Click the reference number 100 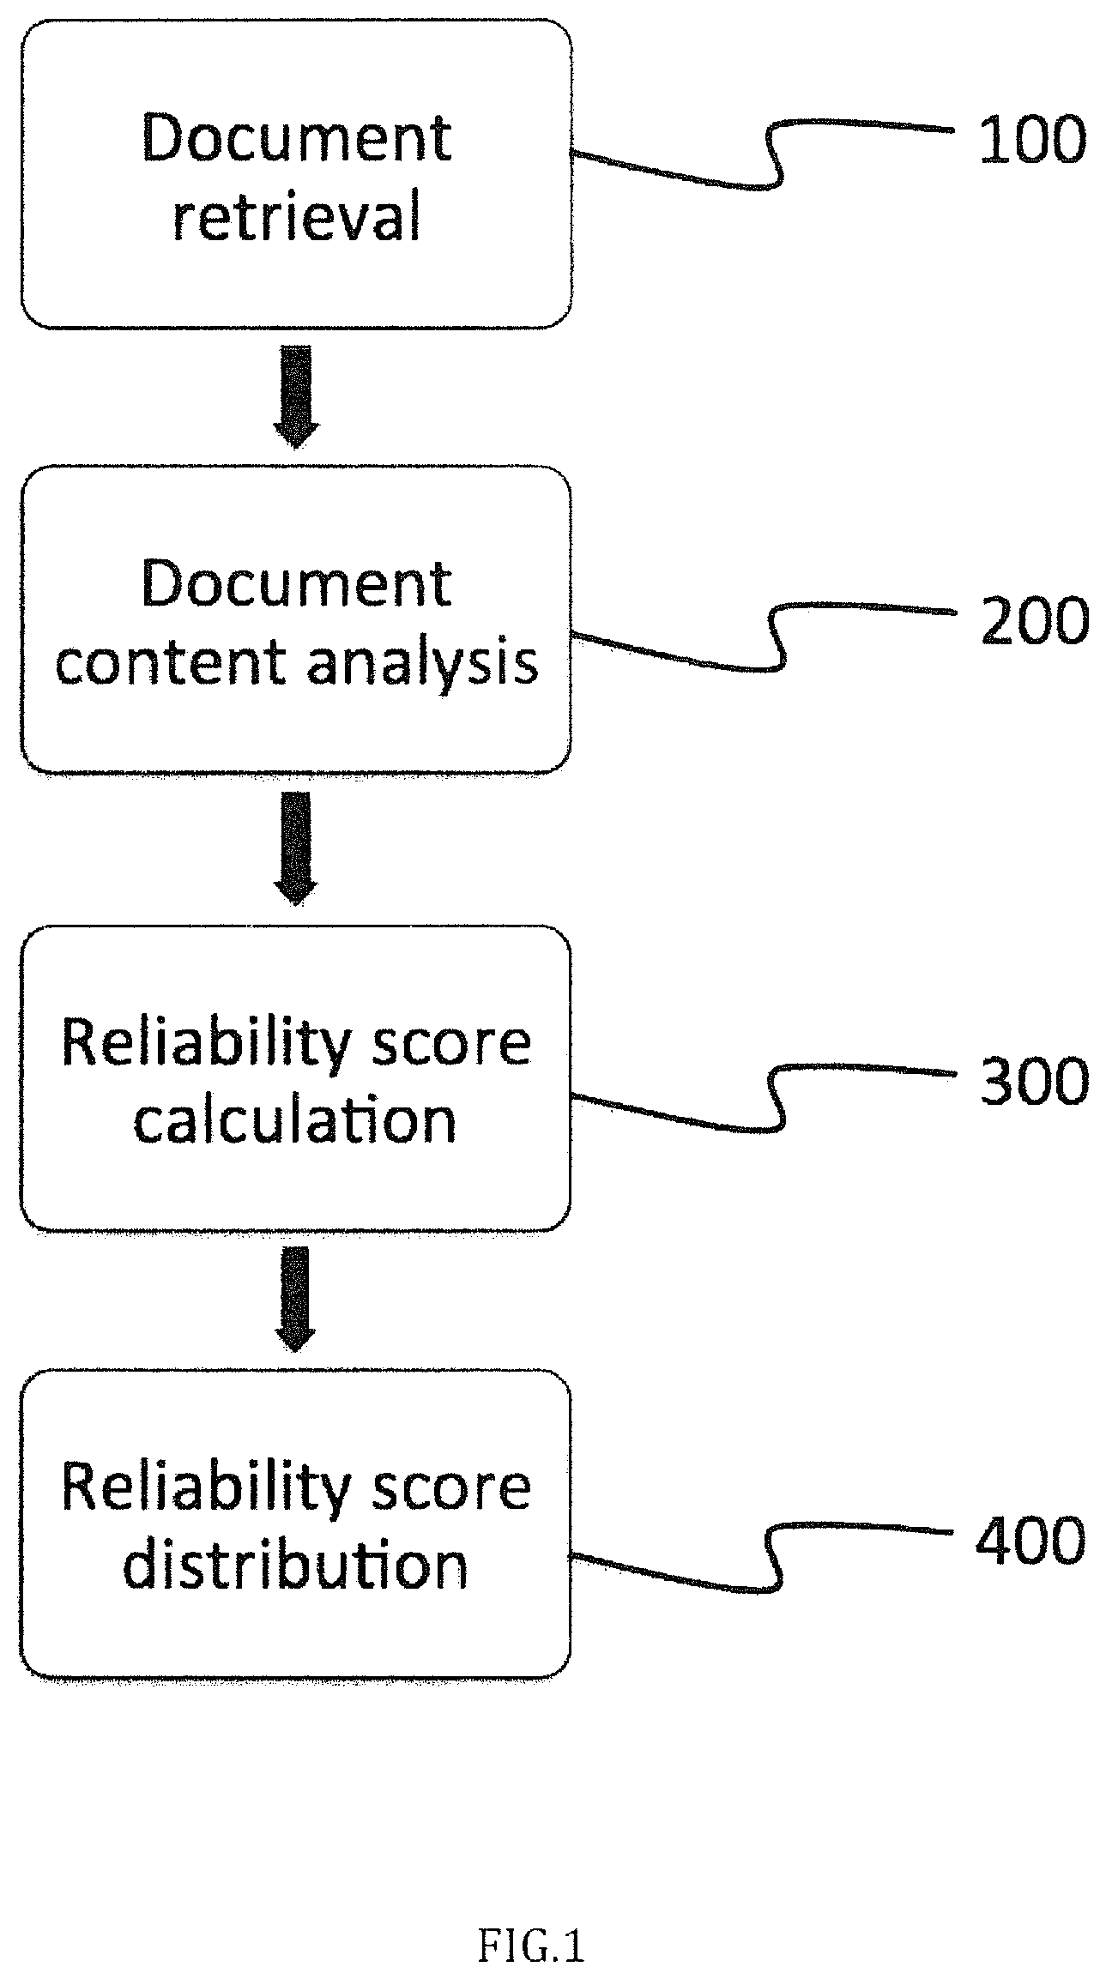[x=1032, y=140]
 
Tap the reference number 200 [x=1035, y=620]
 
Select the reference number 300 [x=1035, y=1081]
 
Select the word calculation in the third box [x=294, y=1120]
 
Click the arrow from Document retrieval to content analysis [x=296, y=396]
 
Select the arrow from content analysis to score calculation [x=296, y=848]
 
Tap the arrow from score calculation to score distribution [x=296, y=1299]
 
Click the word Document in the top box [x=297, y=138]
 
